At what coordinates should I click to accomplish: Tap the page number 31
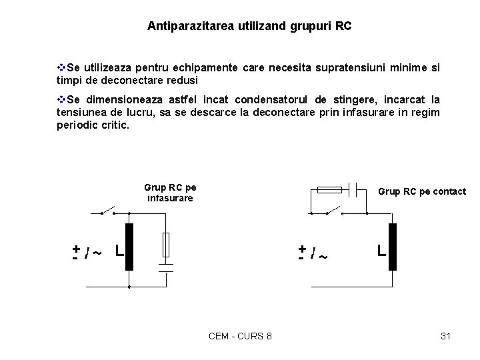[446, 336]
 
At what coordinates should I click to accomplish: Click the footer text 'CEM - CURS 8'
[240, 336]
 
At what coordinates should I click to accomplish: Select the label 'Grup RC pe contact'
[422, 191]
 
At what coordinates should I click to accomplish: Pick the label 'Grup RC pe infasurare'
[170, 193]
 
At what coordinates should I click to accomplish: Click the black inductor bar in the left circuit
[129, 247]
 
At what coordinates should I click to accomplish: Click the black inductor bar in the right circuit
[393, 247]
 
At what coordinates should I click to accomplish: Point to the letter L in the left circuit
[118, 251]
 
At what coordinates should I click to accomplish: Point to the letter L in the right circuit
[381, 251]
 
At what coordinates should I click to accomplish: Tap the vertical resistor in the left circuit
[166, 244]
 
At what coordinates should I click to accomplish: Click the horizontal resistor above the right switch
[330, 190]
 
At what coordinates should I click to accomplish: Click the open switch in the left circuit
[108, 211]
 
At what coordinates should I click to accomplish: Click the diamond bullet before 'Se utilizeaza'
[61, 67]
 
